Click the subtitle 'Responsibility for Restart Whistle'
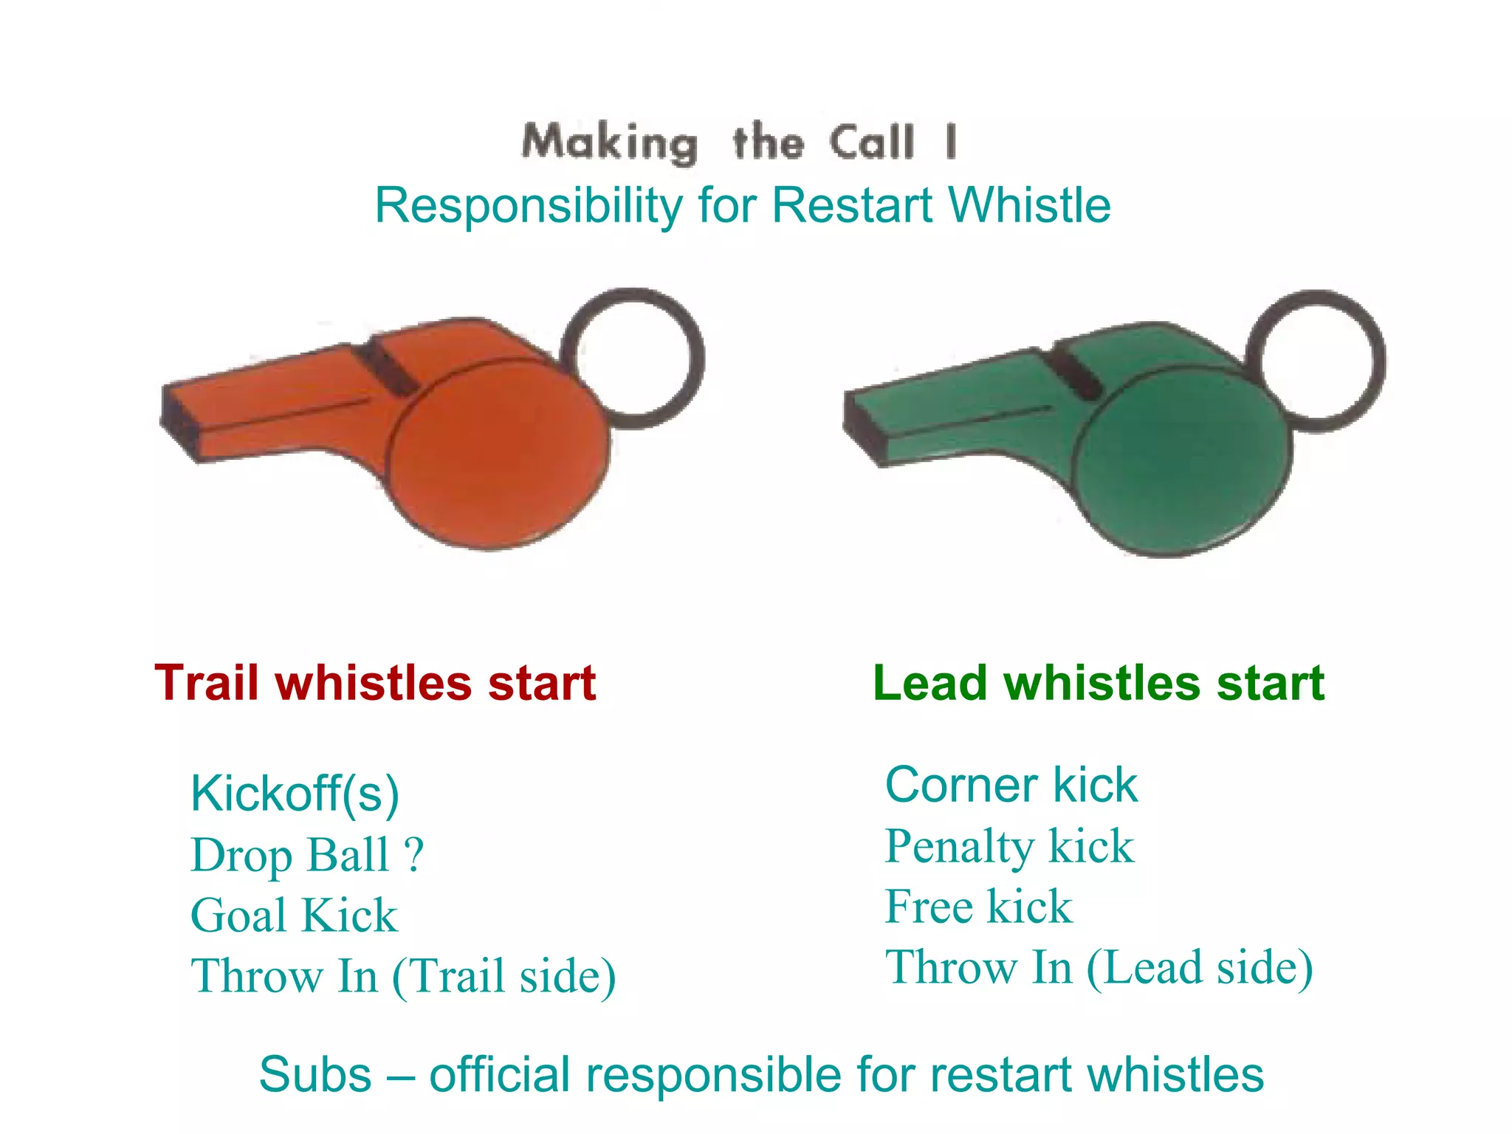743,205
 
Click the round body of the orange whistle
499,454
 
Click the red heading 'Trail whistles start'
375,682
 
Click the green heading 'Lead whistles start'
1099,682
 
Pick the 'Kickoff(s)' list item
295,794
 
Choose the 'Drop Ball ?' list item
307,855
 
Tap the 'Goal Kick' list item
294,915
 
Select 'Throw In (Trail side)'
403,976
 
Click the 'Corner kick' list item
1011,784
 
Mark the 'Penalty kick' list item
1009,846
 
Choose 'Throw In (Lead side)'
1099,967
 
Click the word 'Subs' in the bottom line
315,1074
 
